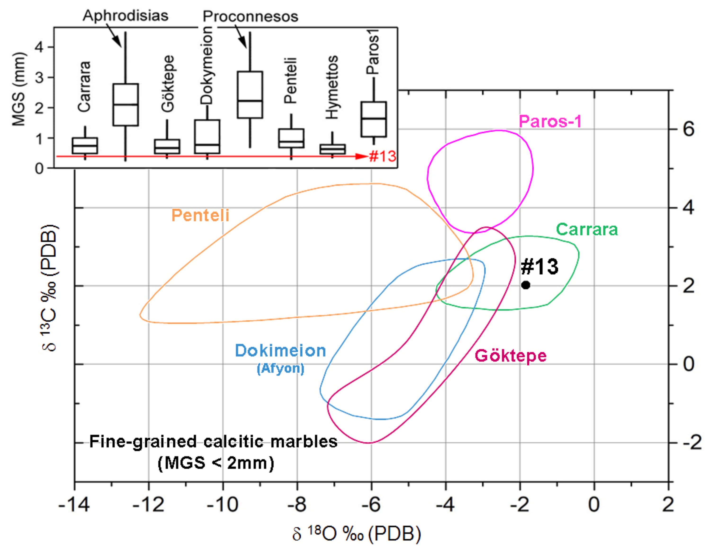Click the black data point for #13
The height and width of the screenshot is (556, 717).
(526, 285)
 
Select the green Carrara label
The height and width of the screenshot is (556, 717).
(587, 229)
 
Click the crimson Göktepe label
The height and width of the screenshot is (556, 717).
(511, 356)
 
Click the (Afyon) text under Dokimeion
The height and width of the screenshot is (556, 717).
(280, 368)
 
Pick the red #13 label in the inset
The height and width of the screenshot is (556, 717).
(382, 156)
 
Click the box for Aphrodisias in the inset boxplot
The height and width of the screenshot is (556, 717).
(126, 105)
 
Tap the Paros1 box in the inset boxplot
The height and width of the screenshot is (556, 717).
(374, 119)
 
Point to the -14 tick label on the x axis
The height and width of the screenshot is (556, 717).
(74, 504)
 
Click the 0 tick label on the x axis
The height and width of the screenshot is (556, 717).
(594, 504)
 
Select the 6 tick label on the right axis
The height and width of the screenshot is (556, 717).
(688, 129)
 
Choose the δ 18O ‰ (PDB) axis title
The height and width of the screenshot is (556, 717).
(357, 534)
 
